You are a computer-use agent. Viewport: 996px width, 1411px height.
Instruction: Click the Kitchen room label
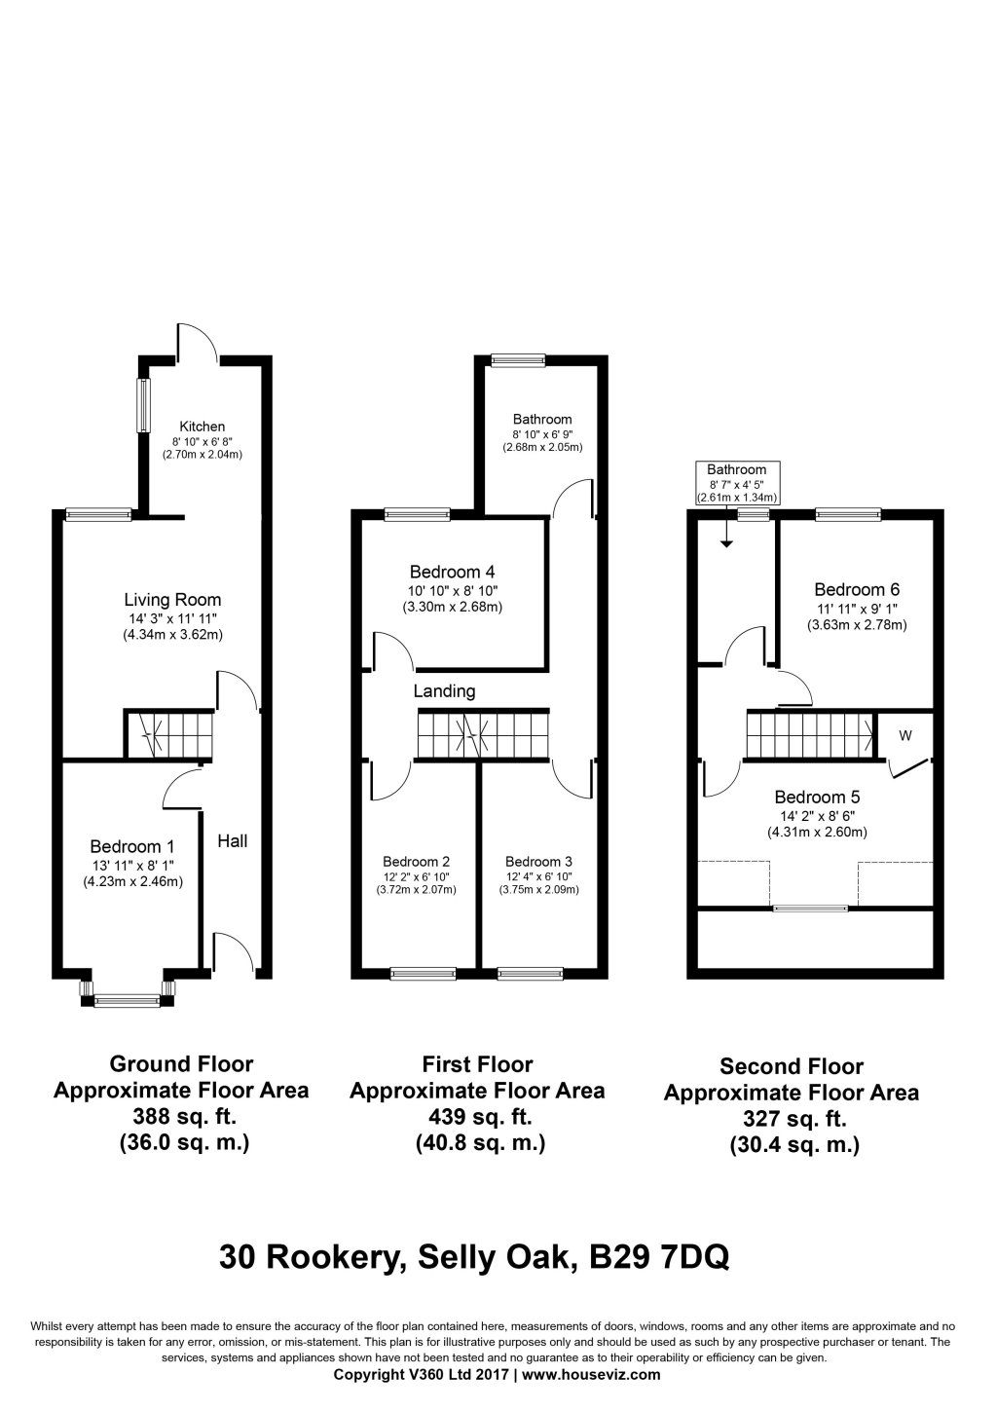(x=202, y=427)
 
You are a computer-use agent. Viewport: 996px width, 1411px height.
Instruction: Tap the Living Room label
(x=172, y=600)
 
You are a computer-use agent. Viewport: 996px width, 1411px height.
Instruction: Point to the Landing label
(x=444, y=691)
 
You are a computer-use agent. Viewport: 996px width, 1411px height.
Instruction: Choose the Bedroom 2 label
(x=416, y=861)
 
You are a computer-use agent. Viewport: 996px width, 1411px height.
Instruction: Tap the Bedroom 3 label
(x=538, y=861)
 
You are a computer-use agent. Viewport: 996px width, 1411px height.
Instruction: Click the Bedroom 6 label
(x=857, y=589)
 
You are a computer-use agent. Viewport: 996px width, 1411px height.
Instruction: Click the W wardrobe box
(x=904, y=736)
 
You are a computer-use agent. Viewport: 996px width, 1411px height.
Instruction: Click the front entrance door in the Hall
(x=233, y=951)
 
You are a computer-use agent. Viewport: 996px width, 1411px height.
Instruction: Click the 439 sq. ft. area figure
(x=477, y=1116)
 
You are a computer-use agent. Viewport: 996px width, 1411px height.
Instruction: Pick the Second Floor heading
(x=791, y=1066)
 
